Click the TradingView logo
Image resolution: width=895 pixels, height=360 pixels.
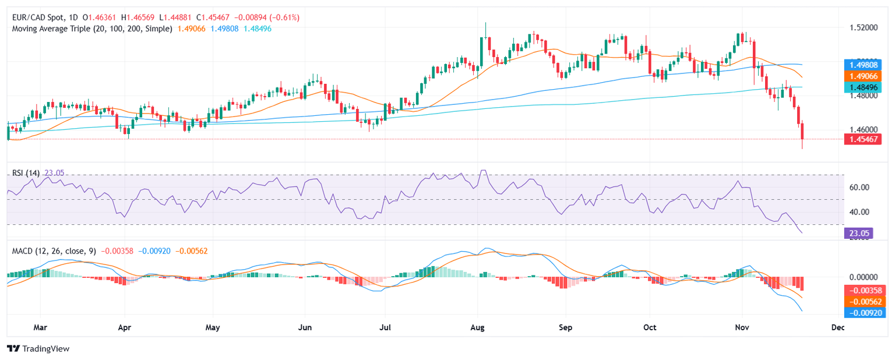[x=38, y=348]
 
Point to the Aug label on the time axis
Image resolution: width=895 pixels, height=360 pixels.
[x=478, y=327]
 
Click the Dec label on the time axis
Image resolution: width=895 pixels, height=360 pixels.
[x=838, y=327]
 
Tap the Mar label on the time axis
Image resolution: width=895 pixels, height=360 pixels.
[x=40, y=327]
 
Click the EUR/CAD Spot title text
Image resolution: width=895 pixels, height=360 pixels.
[x=35, y=17]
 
